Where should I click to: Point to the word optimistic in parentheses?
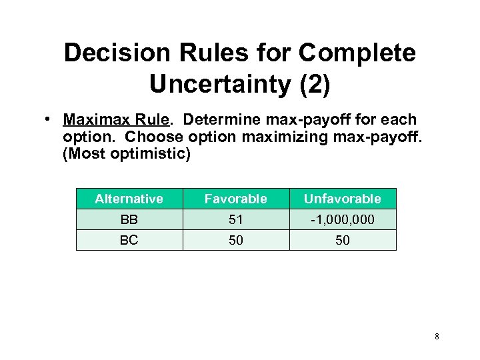coord(154,155)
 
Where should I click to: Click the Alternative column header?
coord(129,199)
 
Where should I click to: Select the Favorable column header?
coord(235,199)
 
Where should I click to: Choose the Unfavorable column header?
coord(342,199)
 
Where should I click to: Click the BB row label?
coord(129,219)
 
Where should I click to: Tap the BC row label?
coord(129,240)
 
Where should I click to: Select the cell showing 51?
coord(235,219)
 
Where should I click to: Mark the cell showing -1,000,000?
coord(342,219)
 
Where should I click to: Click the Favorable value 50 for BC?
coord(235,240)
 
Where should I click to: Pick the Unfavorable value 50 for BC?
coord(342,240)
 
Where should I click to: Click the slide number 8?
coord(437,337)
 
